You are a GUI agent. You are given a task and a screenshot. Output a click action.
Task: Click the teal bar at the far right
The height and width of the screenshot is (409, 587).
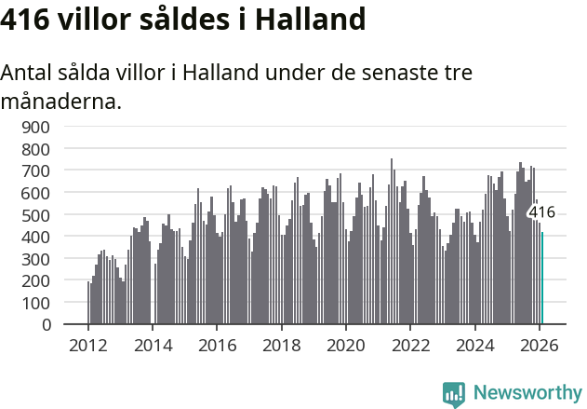[x=542, y=279]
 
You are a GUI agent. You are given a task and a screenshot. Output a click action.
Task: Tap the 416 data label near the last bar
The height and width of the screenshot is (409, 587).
[x=541, y=212]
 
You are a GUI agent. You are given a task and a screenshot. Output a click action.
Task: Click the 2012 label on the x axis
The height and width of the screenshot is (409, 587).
[x=88, y=344]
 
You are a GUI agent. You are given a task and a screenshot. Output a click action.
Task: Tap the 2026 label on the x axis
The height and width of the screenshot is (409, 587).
[x=540, y=344]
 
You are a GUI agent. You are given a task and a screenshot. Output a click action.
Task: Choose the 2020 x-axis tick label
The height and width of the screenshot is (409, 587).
[x=346, y=344]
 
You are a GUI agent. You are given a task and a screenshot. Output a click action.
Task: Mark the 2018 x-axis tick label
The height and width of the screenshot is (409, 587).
[x=282, y=344]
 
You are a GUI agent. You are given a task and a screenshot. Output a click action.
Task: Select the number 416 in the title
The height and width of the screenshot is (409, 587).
[x=25, y=19]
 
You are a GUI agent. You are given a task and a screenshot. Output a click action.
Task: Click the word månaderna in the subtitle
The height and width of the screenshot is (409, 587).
[x=60, y=100]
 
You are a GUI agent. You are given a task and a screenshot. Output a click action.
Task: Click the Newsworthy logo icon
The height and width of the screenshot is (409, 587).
[x=454, y=394]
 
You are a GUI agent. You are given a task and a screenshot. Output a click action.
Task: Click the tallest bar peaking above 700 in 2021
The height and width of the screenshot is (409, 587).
[x=392, y=242]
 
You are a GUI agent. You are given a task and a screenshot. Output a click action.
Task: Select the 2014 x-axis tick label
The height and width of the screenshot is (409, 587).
[x=153, y=344]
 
